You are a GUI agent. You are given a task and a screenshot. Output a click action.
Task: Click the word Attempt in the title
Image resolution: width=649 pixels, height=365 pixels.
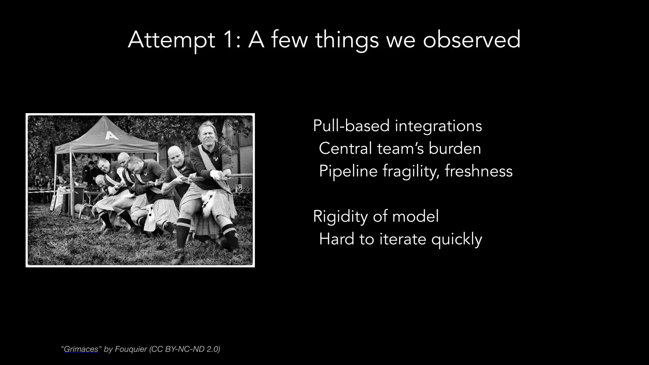pyautogui.click(x=171, y=40)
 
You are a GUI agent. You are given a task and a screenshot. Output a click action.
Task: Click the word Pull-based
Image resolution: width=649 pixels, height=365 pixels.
pyautogui.click(x=351, y=126)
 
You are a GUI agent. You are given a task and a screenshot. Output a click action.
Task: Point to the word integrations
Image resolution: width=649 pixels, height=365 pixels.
pyautogui.click(x=438, y=126)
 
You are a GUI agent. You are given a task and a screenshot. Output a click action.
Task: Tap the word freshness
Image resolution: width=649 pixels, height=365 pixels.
pyautogui.click(x=479, y=171)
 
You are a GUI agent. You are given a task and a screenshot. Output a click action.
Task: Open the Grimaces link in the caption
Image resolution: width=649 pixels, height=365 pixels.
pyautogui.click(x=81, y=349)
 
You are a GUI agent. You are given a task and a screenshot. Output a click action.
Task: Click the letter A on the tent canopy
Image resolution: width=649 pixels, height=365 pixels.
pyautogui.click(x=111, y=135)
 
